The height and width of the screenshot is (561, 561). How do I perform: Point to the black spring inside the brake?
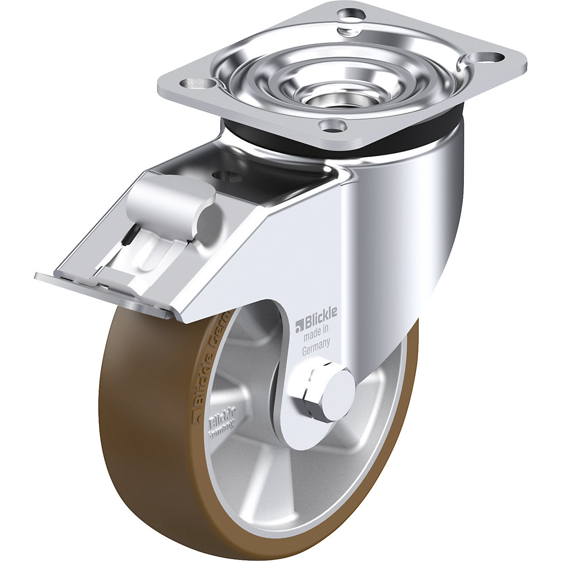click(128, 238)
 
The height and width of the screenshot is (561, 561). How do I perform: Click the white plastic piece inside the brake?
click(150, 257)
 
